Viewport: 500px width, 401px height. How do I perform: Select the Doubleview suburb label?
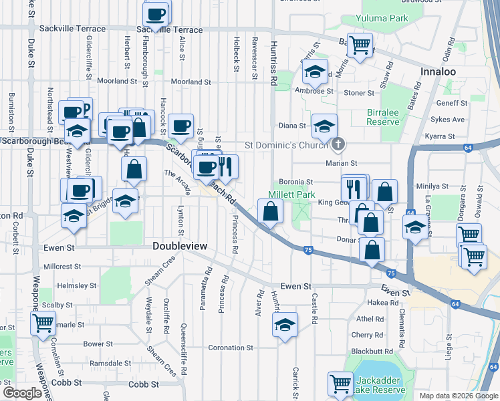pos(180,247)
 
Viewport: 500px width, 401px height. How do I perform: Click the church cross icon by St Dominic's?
pos(339,144)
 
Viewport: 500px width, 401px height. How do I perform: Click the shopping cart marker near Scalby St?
pos(43,323)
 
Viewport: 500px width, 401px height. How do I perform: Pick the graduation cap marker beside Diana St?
pos(325,126)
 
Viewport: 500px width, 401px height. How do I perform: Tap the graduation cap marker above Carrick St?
pos(285,325)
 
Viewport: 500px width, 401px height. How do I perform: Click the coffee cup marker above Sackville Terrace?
pos(156,13)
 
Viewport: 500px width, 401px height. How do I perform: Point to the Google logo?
pos(22,392)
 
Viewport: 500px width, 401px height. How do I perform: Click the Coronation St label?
pos(231,348)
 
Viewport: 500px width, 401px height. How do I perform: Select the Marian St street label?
pos(342,162)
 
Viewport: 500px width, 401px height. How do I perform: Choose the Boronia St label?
pos(297,182)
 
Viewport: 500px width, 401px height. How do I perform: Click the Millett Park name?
pos(291,194)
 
